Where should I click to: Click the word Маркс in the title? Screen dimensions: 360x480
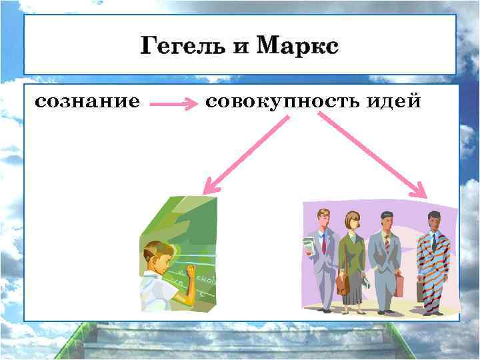[297, 47]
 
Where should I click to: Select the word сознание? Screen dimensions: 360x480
[87, 102]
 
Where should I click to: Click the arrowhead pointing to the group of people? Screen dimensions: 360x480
[420, 191]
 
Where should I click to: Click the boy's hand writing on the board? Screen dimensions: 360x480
[191, 269]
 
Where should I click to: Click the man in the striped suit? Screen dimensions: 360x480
[433, 267]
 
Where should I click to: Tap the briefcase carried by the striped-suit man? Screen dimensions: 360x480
[421, 291]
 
